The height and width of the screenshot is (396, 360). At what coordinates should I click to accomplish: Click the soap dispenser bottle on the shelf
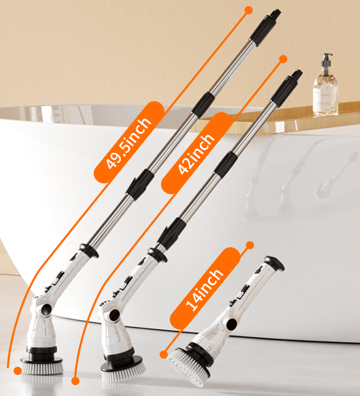click(x=325, y=86)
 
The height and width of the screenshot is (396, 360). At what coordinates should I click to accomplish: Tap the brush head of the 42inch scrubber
click(x=123, y=366)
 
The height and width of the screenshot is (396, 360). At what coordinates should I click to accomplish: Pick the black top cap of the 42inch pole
click(x=289, y=84)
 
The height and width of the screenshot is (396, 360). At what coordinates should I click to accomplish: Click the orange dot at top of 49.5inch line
click(x=249, y=10)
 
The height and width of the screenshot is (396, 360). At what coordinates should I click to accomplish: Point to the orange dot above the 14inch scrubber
click(x=250, y=245)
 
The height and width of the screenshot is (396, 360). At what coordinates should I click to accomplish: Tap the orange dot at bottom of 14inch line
click(x=164, y=354)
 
